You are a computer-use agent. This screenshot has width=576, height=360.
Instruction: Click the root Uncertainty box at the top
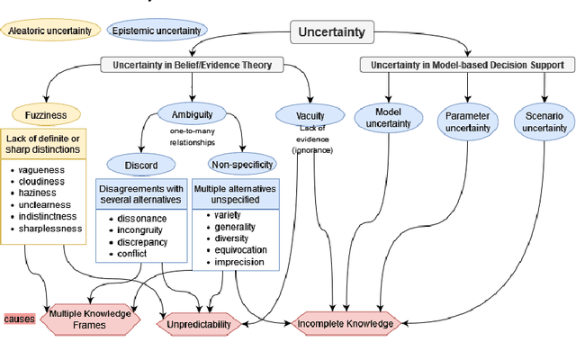[x=332, y=32]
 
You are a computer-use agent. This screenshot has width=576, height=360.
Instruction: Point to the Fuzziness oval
[x=45, y=114]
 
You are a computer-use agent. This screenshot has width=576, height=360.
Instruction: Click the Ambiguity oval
[x=192, y=113]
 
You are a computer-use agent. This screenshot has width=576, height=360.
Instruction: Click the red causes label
[x=18, y=319]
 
